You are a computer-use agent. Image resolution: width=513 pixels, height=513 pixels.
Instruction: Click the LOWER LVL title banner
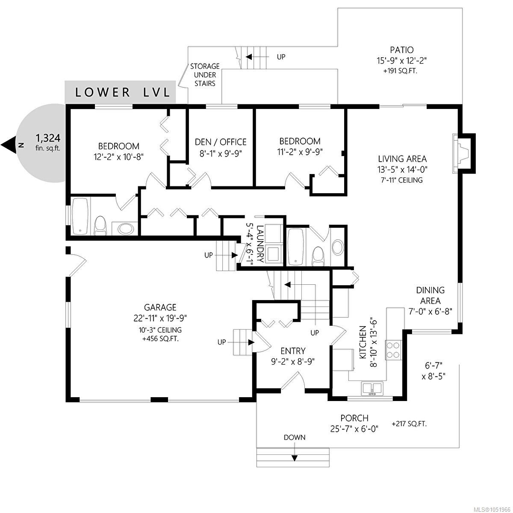point(120,92)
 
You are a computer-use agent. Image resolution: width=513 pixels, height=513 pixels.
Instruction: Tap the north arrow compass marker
point(9,145)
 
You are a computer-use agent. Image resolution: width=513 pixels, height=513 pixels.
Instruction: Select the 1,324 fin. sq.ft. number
point(48,138)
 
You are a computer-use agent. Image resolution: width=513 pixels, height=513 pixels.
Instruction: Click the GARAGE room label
point(160,307)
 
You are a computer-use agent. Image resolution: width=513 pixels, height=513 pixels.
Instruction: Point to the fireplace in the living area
point(463,153)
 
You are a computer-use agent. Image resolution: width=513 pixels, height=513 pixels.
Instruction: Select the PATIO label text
point(402,50)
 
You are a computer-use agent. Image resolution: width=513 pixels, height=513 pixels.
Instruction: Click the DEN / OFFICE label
point(221,142)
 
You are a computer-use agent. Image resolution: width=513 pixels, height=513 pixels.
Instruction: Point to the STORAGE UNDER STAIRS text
point(205,75)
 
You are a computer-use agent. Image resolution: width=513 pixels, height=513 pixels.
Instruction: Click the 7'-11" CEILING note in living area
point(402,180)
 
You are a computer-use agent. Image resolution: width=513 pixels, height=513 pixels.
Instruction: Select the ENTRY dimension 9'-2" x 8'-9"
point(293,362)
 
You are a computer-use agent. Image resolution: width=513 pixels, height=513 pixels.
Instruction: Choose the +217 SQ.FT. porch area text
point(409,424)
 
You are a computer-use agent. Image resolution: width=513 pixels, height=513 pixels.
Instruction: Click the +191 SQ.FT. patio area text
point(400,71)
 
